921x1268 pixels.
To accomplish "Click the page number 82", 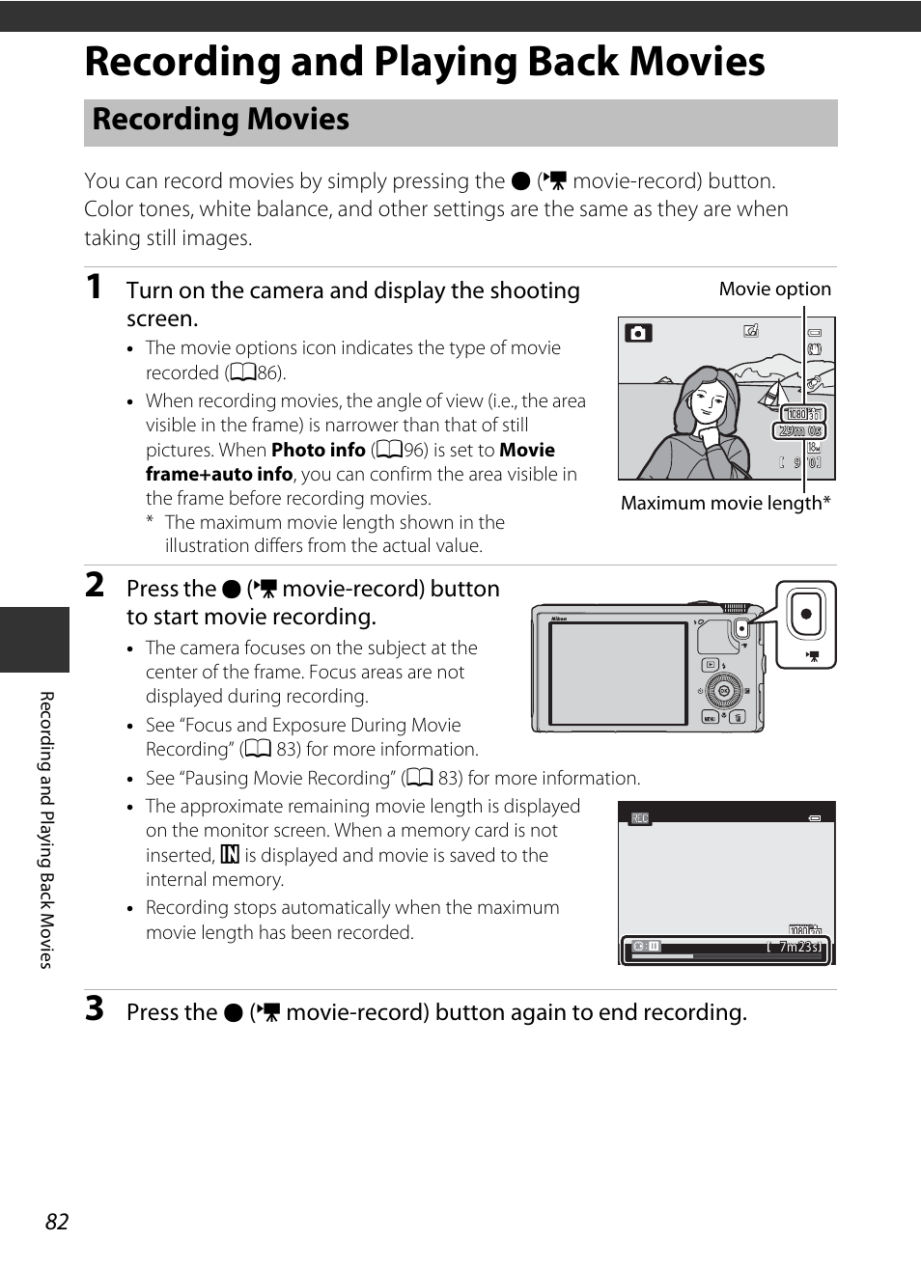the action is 57,1222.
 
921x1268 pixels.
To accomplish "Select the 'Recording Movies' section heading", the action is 221,120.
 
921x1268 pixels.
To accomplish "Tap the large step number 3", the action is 95,1008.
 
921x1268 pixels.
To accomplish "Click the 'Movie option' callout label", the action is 774,289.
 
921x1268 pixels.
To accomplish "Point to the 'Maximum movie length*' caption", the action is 725,503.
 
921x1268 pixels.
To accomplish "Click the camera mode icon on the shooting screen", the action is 637,333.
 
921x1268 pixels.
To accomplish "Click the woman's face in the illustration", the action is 709,400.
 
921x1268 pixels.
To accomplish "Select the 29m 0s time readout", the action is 801,430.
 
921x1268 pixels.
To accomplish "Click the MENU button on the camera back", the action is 710,718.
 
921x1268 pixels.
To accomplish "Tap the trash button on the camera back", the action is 738,718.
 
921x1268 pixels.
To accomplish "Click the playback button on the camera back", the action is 711,665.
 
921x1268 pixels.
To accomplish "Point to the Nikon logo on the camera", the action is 558,619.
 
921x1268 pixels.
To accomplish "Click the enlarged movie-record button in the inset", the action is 806,614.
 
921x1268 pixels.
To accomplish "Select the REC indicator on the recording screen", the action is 639,818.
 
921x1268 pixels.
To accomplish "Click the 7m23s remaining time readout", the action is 799,947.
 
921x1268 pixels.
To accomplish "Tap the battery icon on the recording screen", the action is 815,818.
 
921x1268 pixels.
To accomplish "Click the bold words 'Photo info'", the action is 318,450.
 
